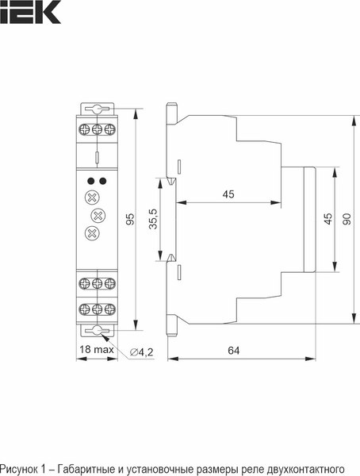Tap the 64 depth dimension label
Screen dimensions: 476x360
click(233, 349)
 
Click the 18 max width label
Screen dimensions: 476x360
click(95, 350)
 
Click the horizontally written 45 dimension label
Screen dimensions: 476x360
click(228, 194)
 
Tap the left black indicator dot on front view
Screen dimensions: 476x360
click(90, 181)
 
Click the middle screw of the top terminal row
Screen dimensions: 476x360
click(96, 127)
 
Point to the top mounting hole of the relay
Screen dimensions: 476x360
click(96, 109)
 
